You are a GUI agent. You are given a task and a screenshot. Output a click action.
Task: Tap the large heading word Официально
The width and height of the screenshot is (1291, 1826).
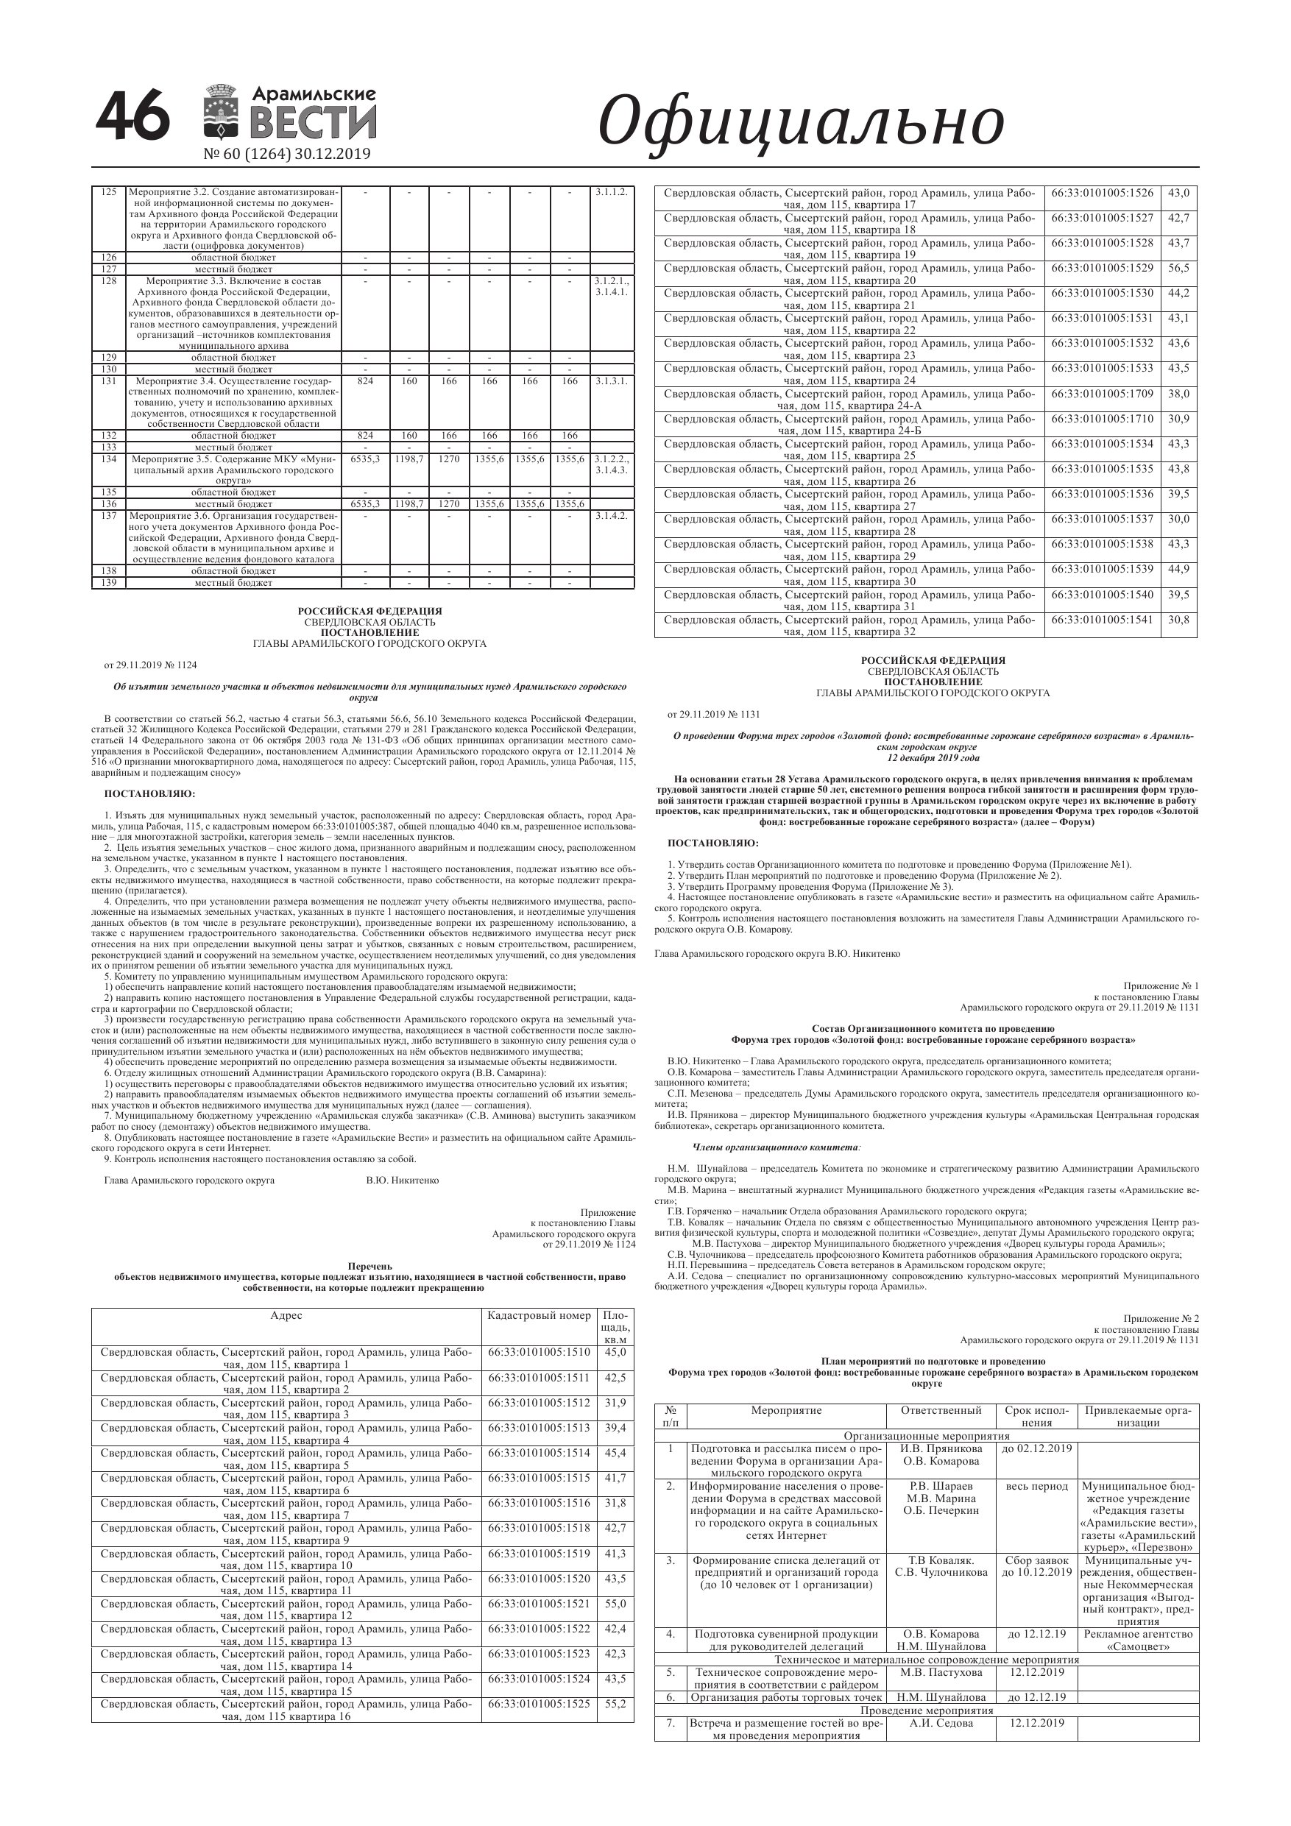point(800,121)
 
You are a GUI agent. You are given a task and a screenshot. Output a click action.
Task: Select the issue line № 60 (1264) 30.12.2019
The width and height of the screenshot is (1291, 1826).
point(287,155)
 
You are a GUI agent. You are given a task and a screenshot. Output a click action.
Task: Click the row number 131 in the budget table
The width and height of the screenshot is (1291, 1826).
point(109,381)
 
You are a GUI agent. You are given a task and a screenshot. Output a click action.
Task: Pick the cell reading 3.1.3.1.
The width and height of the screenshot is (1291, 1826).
point(611,381)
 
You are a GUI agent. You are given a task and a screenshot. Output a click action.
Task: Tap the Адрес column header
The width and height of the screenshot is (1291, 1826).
point(286,1315)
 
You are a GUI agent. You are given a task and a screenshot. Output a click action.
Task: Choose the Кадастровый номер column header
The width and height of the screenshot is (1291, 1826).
point(539,1315)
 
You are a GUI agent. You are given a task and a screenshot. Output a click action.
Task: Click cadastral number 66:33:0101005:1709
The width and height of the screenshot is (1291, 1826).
point(1102,394)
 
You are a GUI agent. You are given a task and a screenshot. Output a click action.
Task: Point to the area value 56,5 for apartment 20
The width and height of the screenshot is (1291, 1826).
point(1178,268)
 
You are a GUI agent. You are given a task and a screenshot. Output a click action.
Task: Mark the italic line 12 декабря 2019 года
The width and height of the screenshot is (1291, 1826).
point(933,757)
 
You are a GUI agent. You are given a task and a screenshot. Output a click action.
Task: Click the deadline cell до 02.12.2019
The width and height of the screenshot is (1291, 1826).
point(1036,1448)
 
